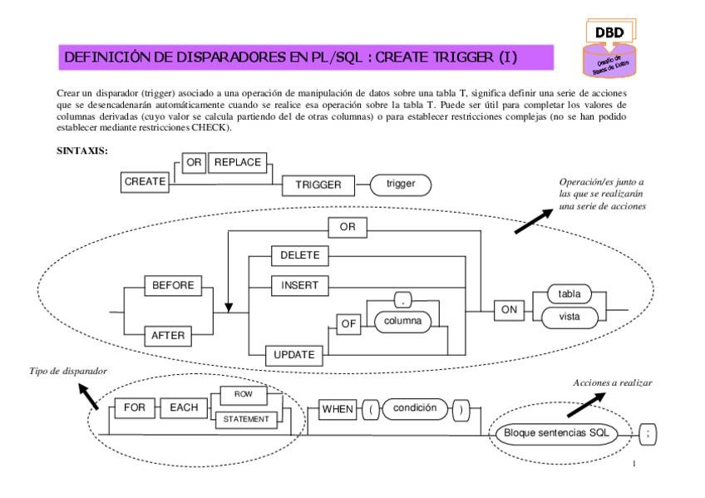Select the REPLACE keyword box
coord(239,162)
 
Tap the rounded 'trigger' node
coord(402,185)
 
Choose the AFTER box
coord(170,336)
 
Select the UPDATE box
coord(293,355)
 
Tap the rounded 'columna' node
coord(401,321)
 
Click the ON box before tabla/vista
coord(506,309)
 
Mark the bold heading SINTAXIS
coord(80,151)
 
